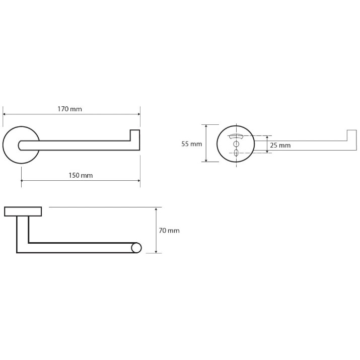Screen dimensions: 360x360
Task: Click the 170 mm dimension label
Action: (x=69, y=109)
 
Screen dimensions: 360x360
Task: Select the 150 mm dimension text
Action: (x=81, y=175)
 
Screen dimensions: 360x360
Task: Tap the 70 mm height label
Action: (x=169, y=230)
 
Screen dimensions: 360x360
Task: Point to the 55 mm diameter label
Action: (x=191, y=144)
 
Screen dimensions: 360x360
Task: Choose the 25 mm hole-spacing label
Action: (x=280, y=145)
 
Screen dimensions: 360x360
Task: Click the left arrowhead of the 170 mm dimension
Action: (x=4, y=114)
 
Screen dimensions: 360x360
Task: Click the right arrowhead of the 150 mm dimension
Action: (x=138, y=181)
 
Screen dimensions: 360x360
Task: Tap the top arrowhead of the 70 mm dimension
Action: (x=156, y=209)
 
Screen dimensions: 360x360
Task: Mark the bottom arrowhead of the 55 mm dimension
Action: (x=206, y=160)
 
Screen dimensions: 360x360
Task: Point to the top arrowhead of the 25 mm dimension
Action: (x=267, y=137)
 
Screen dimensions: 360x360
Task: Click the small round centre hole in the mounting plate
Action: (x=236, y=144)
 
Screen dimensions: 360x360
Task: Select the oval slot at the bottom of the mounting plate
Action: (x=236, y=153)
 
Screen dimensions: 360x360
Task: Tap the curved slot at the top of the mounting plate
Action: (x=236, y=136)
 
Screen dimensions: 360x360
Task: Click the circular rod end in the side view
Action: (x=136, y=248)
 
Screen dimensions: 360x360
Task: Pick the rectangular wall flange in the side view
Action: (x=23, y=211)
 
